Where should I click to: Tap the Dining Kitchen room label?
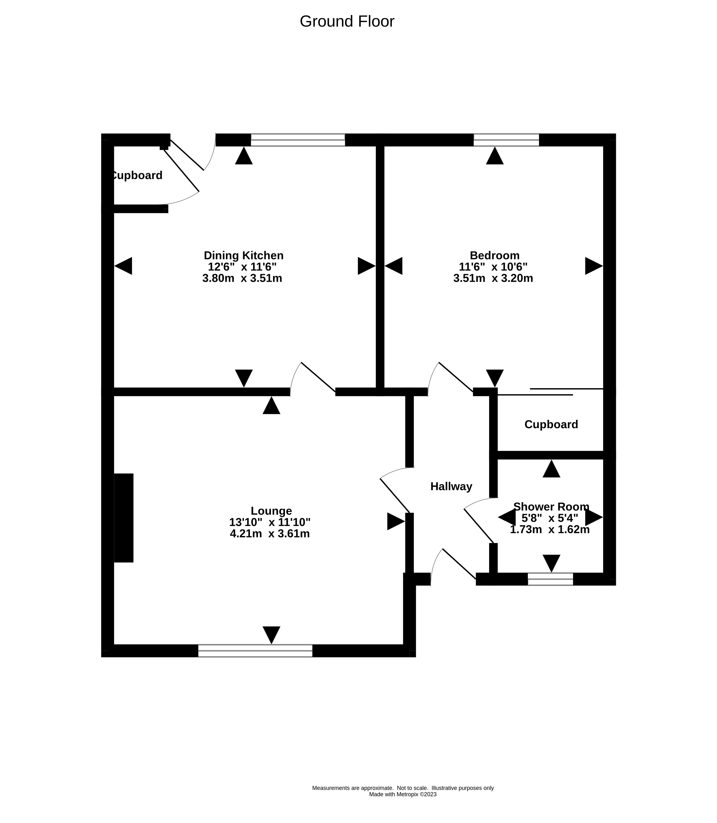[244, 256]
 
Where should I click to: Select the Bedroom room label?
[495, 256]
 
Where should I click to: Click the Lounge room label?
[271, 511]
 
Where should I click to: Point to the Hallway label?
[451, 487]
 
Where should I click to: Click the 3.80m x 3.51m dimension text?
[242, 278]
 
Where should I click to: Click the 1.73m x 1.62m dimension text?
[550, 529]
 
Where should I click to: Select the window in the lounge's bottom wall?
[255, 651]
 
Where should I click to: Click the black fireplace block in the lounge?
[124, 518]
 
